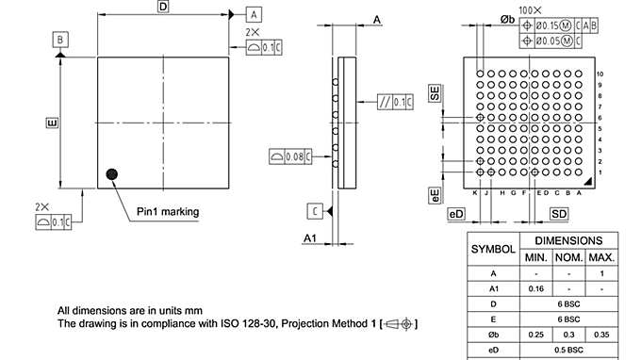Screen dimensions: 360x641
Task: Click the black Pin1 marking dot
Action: [x=113, y=173]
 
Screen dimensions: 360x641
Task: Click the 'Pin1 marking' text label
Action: [x=168, y=212]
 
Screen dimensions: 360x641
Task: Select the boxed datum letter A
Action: [x=253, y=14]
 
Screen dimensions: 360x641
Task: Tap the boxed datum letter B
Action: [x=60, y=40]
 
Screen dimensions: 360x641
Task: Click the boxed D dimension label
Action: [x=162, y=7]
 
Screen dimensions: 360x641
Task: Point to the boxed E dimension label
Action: [x=52, y=123]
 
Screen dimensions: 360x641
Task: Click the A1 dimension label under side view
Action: [x=309, y=238]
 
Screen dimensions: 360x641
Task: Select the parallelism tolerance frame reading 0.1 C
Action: [x=394, y=102]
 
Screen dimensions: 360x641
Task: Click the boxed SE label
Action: [x=435, y=93]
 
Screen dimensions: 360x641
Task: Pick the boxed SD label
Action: [x=559, y=214]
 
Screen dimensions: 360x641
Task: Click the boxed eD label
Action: [x=457, y=214]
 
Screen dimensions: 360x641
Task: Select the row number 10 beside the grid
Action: [x=600, y=74]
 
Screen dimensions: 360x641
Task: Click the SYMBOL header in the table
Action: [x=493, y=249]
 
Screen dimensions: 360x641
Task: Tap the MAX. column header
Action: [x=600, y=257]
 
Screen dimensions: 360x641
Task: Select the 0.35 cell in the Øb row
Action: [x=600, y=335]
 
